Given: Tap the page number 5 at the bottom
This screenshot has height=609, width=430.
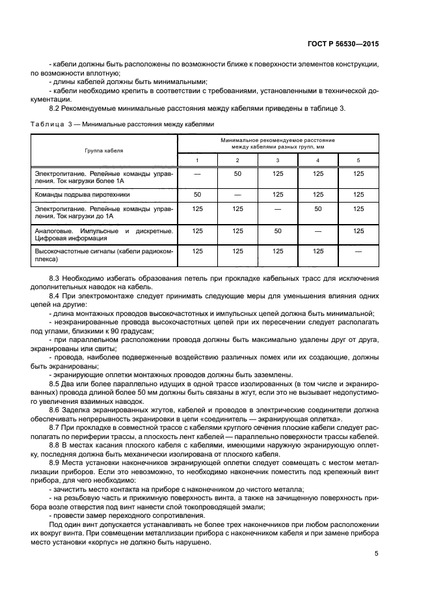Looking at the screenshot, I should pyautogui.click(x=377, y=554).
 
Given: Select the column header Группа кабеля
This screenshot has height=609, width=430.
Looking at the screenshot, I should pyautogui.click(x=104, y=150).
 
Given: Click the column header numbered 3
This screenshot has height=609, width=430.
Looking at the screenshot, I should pyautogui.click(x=278, y=160).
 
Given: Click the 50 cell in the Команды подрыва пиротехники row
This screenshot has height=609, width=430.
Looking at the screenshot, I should pyautogui.click(x=197, y=194).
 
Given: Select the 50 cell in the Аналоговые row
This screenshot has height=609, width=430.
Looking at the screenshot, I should pyautogui.click(x=278, y=230).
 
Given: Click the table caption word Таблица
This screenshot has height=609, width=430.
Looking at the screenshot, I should pyautogui.click(x=47, y=124).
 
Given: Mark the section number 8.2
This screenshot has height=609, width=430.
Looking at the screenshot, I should pyautogui.click(x=55, y=107).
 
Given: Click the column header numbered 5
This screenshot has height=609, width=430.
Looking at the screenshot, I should pyautogui.click(x=358, y=160).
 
